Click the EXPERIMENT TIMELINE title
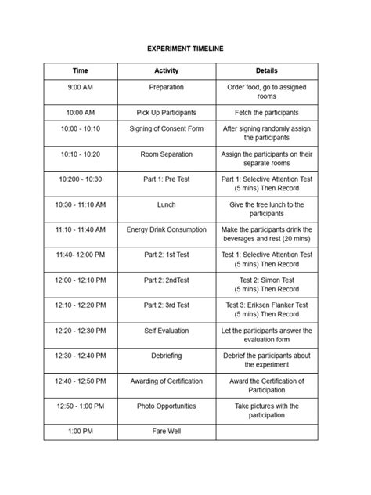(185, 49)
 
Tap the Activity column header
(166, 70)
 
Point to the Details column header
(266, 70)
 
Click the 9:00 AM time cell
(81, 87)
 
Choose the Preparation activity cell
(166, 87)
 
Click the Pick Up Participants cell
(166, 113)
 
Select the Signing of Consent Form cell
(166, 128)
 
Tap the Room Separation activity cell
(166, 154)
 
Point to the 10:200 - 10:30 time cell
(81, 179)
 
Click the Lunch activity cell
(166, 204)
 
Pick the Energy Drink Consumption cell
(166, 229)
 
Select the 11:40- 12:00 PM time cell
(81, 255)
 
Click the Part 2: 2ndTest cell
(166, 280)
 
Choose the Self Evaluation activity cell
(166, 331)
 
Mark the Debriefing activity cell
(166, 356)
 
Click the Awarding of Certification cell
(166, 381)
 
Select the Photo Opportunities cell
(166, 406)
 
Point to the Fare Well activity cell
(166, 431)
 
